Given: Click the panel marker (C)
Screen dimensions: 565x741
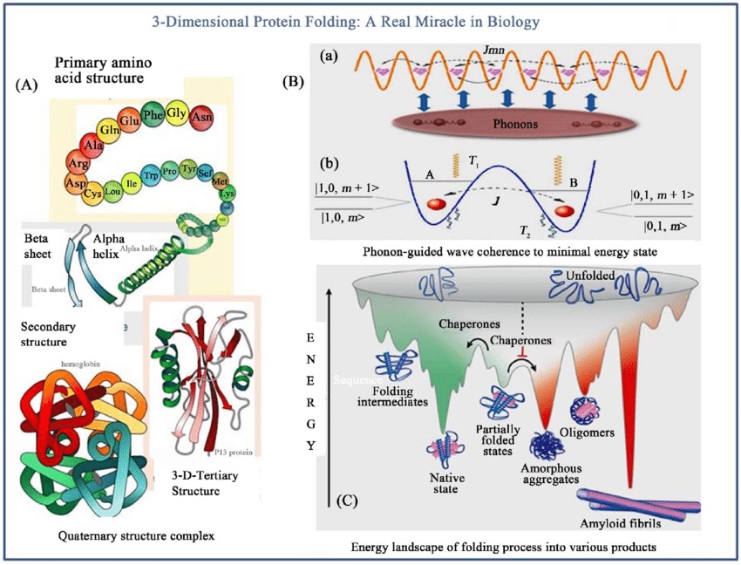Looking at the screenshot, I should pyautogui.click(x=346, y=501).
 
